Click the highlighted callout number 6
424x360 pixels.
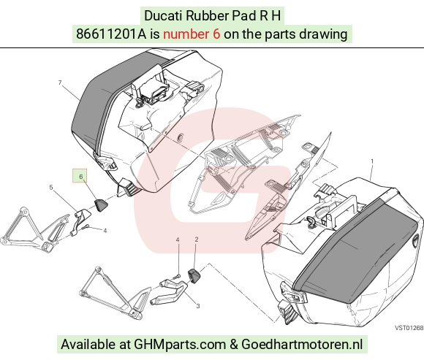click(x=81, y=177)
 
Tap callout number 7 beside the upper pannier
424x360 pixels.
click(x=60, y=83)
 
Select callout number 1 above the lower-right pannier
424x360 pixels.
click(x=372, y=161)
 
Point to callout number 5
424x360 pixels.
click(x=51, y=187)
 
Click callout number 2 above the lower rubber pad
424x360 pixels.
click(x=197, y=240)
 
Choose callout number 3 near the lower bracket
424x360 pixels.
click(x=198, y=306)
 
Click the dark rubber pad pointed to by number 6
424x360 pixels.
click(x=100, y=204)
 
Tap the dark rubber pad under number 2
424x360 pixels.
click(x=194, y=276)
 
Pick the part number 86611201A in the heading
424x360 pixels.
click(x=111, y=34)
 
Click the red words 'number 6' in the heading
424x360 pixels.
click(x=192, y=34)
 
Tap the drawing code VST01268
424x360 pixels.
click(x=409, y=328)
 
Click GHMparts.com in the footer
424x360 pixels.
click(x=180, y=345)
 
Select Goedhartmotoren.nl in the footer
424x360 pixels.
click(x=302, y=345)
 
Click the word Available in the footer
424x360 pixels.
click(x=88, y=345)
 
